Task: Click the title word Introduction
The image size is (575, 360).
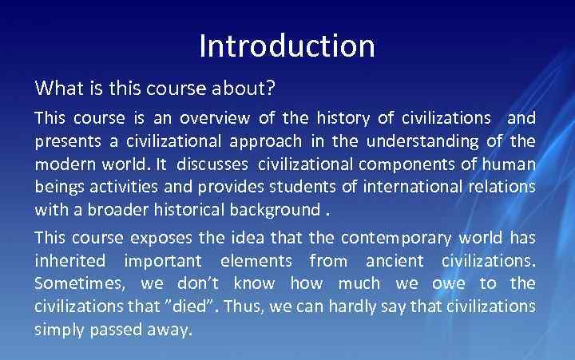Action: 287,45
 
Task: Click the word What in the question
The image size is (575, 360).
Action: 55,86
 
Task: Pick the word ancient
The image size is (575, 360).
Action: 395,261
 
